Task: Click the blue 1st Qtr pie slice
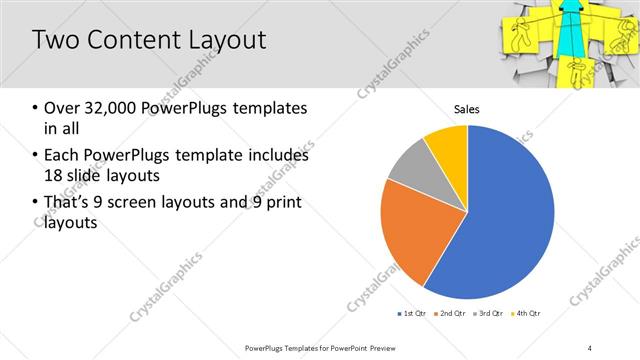point(500,220)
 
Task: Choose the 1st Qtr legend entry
point(412,314)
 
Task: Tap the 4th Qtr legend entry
point(527,314)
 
